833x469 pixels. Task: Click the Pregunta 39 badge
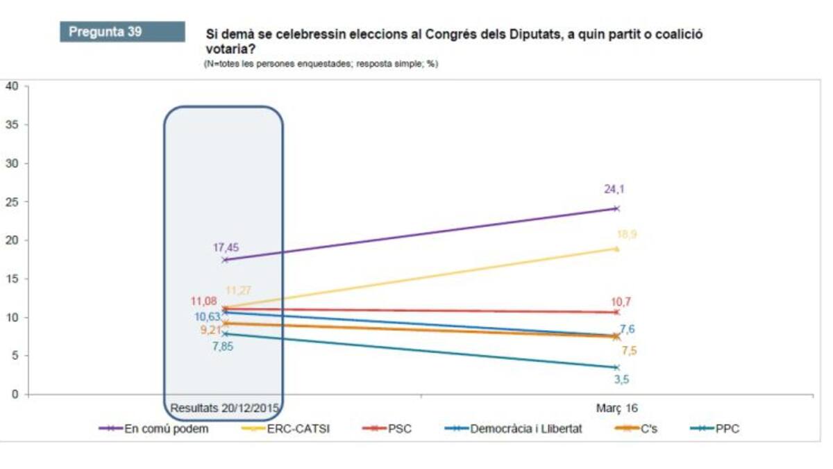(122, 32)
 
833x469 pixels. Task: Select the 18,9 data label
(626, 235)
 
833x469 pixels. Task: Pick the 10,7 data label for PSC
(621, 302)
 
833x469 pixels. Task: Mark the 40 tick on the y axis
(11, 86)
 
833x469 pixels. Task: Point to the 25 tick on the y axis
(11, 202)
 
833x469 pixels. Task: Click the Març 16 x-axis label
(616, 408)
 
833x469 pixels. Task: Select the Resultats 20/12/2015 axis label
(224, 408)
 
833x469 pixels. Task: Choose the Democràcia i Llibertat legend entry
(526, 429)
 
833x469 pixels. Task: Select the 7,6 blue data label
(627, 329)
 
